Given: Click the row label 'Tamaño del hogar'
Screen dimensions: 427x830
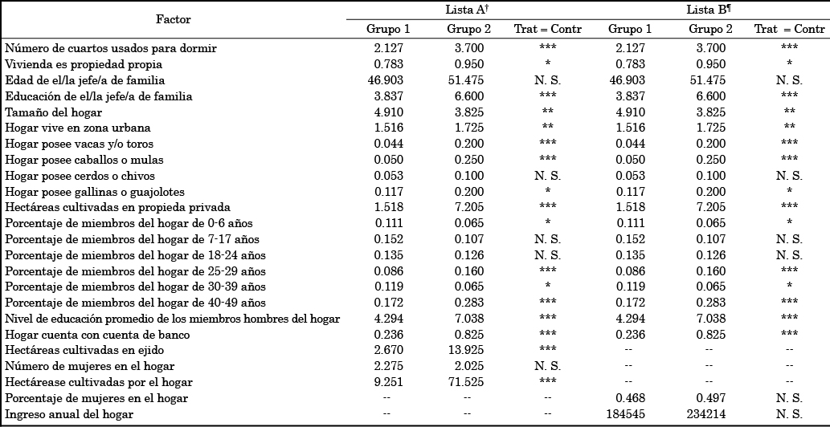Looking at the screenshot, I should pyautogui.click(x=54, y=112).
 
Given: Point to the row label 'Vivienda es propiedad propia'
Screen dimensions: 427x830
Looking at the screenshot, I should pyautogui.click(x=84, y=64).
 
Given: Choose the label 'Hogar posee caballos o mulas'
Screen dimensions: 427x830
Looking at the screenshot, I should pyautogui.click(x=85, y=160).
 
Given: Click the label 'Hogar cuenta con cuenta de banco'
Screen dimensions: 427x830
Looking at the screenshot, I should pyautogui.click(x=97, y=335).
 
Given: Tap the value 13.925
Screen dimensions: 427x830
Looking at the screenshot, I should pyautogui.click(x=468, y=351).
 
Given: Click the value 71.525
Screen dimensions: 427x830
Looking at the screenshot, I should pyautogui.click(x=468, y=382).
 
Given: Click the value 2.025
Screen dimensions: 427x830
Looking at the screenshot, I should pyautogui.click(x=468, y=367).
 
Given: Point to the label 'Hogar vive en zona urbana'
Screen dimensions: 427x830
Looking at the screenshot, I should pyautogui.click(x=78, y=128).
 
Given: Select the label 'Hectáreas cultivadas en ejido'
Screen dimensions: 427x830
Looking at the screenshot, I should pyautogui.click(x=85, y=351).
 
